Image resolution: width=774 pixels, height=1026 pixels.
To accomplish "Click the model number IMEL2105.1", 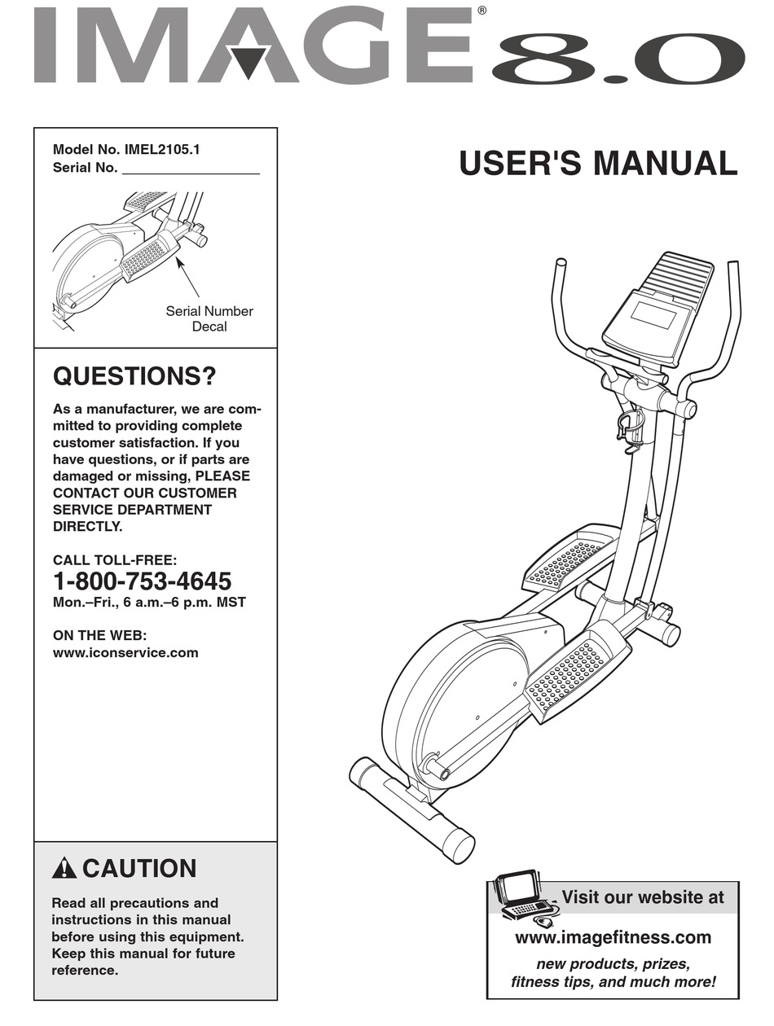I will tap(162, 150).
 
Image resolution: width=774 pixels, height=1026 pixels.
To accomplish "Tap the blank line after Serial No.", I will tap(190, 169).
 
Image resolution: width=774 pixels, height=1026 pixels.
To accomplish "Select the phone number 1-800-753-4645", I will tap(142, 581).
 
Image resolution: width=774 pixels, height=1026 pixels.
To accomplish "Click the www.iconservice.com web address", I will tap(125, 652).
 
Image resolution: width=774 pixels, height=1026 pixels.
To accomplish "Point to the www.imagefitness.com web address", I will tap(613, 937).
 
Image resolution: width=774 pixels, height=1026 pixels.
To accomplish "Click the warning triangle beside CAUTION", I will tap(64, 870).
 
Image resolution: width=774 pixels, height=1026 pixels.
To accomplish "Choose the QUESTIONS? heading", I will tap(134, 377).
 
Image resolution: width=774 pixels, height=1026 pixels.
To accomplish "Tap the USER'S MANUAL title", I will tap(598, 163).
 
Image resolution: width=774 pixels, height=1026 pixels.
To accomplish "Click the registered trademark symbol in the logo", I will tap(482, 11).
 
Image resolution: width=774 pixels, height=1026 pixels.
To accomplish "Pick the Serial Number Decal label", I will tap(209, 318).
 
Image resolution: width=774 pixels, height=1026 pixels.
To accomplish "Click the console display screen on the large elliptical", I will tap(653, 315).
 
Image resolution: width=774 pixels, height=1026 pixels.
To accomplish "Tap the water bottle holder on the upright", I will tap(631, 427).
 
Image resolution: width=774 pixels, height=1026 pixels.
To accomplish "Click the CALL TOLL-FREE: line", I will tap(115, 560).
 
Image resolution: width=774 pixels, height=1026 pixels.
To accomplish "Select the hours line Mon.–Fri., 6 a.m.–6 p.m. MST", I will tap(149, 603).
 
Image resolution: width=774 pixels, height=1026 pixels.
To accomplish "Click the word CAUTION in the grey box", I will tap(139, 869).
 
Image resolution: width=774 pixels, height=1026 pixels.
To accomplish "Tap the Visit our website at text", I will tap(642, 897).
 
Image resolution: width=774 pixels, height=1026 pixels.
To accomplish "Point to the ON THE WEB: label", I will tap(99, 635).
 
